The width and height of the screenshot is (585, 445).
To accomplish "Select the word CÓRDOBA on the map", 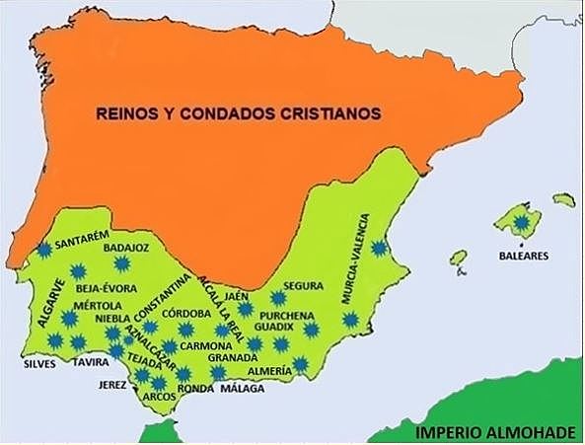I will [x=184, y=314].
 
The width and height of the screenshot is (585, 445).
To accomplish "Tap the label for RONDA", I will [x=195, y=389].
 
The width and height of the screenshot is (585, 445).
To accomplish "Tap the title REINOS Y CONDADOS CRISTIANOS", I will [x=238, y=113].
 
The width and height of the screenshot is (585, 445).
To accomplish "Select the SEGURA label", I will [x=303, y=286].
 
